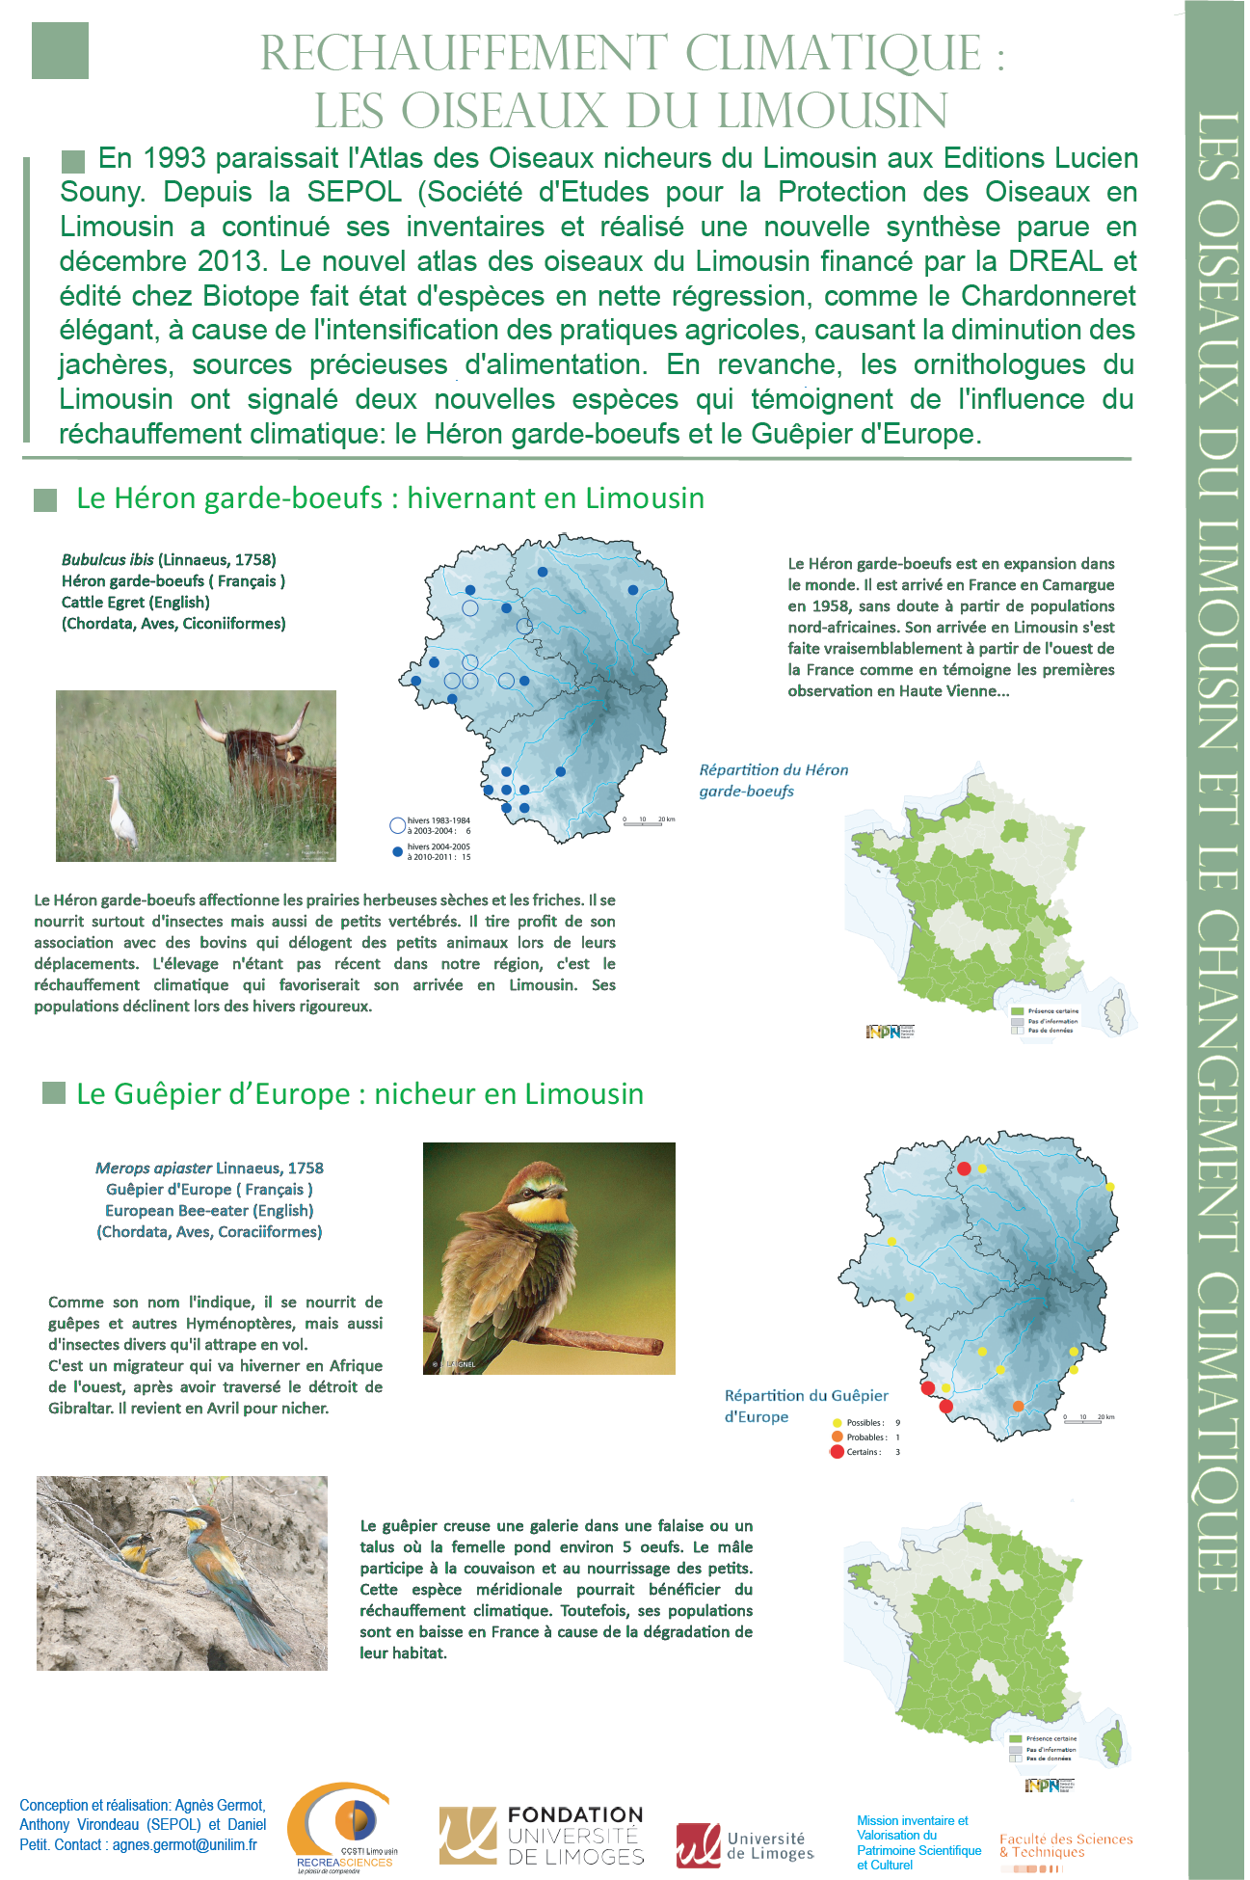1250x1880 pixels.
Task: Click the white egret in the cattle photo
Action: point(119,810)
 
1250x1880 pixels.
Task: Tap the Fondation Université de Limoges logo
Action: point(542,1836)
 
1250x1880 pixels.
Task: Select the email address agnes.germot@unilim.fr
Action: point(185,1845)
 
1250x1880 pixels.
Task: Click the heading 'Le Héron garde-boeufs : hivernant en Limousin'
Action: point(390,498)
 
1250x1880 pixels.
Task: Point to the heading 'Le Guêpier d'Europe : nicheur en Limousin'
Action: point(359,1094)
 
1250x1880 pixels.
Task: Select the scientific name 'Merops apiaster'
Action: point(153,1168)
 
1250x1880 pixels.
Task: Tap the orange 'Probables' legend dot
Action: point(837,1437)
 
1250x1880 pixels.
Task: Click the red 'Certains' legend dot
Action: point(837,1452)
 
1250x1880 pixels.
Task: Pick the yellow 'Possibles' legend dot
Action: point(837,1422)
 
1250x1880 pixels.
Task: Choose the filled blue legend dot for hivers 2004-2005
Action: point(397,852)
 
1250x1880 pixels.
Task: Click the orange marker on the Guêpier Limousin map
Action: point(1018,1407)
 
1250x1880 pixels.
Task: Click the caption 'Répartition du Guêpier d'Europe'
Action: point(806,1406)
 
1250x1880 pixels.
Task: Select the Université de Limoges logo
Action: point(745,1845)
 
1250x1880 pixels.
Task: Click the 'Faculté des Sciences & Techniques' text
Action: point(1066,1845)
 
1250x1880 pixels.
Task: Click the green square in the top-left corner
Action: point(60,50)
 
